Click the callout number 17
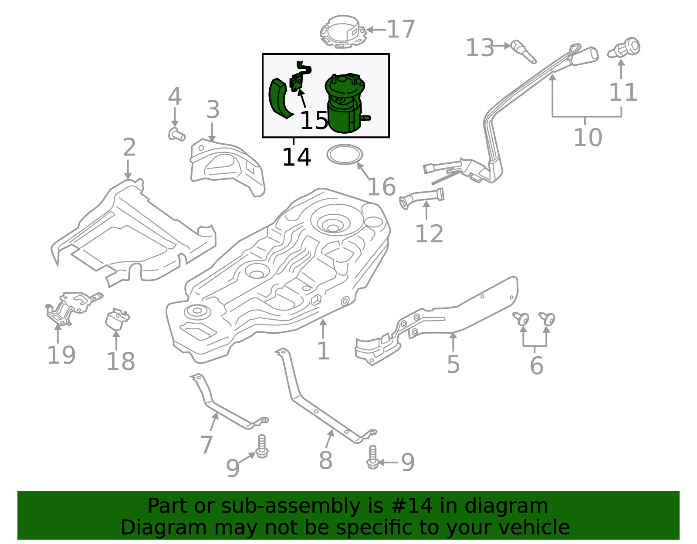click(x=400, y=30)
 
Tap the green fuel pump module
click(x=344, y=105)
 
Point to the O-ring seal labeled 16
click(x=345, y=155)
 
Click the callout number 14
click(x=296, y=157)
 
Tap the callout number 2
click(x=129, y=148)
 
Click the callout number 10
click(x=587, y=138)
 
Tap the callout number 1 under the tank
click(x=323, y=351)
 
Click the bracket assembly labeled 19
click(x=70, y=307)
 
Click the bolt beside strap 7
click(x=261, y=446)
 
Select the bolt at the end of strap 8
click(x=372, y=457)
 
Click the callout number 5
click(x=453, y=364)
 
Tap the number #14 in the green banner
click(x=412, y=506)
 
